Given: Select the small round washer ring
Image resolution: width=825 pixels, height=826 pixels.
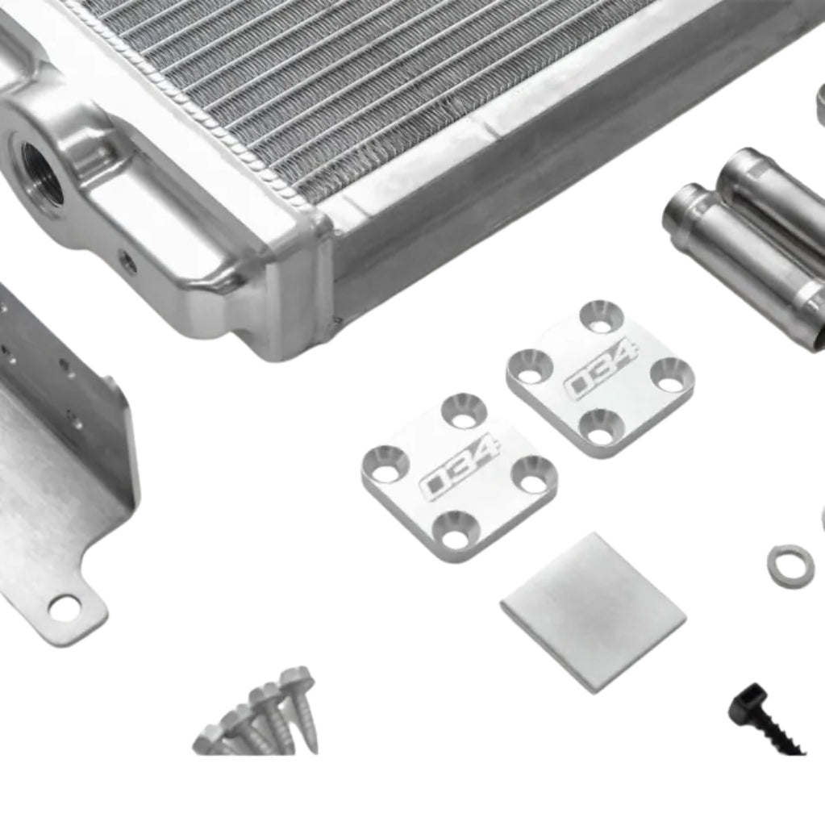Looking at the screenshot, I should [x=790, y=565].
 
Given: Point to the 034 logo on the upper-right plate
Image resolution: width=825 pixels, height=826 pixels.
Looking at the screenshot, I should [x=601, y=370].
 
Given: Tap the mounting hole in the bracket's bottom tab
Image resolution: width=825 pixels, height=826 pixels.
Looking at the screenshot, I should [x=65, y=608].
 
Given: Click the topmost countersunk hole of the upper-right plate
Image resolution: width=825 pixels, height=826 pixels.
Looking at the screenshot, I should [x=602, y=315].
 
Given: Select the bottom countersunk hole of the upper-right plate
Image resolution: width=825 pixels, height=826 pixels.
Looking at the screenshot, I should [x=601, y=426].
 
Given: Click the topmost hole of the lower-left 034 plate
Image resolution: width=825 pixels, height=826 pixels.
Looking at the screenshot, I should [x=465, y=410].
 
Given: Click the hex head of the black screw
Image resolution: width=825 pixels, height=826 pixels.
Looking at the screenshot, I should [x=747, y=703].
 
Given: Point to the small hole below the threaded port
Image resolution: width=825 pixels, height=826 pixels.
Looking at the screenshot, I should [x=127, y=261].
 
